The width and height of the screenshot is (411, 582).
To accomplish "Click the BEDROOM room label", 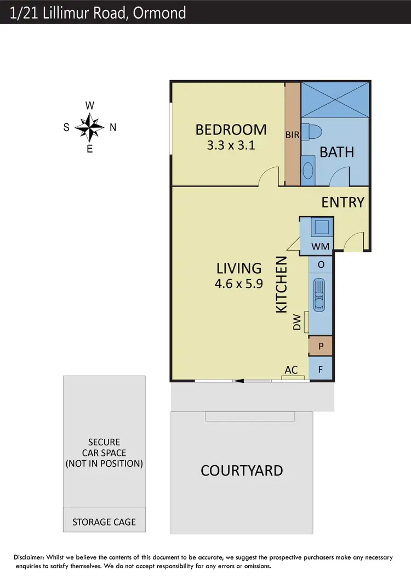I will tap(231, 130).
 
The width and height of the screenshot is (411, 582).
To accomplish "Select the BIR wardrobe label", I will tap(292, 134).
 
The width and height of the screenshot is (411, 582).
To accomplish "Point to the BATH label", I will tap(337, 152).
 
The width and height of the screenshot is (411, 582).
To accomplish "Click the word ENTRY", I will tap(343, 202).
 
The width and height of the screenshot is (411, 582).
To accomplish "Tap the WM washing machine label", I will tap(321, 246).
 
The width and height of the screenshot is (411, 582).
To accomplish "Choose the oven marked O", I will tap(321, 265).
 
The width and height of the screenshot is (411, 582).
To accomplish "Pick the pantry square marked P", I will tap(321, 346).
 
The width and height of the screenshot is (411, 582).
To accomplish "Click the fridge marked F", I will tap(321, 369).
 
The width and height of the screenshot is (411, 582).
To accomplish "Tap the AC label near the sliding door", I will tap(291, 370).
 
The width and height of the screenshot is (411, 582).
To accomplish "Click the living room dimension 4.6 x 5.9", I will tap(239, 284).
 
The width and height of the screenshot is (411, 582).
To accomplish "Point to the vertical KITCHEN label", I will tap(281, 285).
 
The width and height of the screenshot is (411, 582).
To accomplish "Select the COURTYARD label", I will tap(242, 471).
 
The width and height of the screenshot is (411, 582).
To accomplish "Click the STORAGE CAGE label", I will tap(104, 522).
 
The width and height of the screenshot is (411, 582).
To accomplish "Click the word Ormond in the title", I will tap(163, 12).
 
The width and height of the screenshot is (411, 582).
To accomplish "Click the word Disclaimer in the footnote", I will tap(32, 557).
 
